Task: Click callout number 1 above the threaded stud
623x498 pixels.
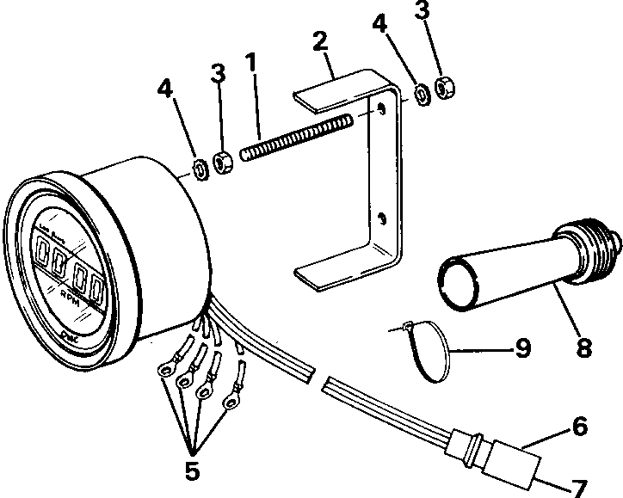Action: coord(250,65)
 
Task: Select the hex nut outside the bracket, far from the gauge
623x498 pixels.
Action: coord(447,88)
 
